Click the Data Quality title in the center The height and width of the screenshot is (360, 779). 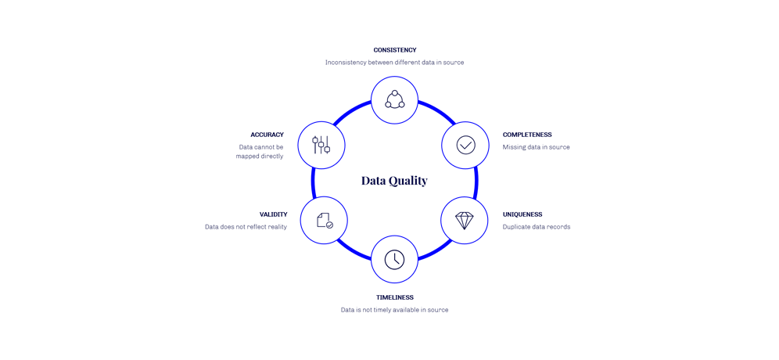394,181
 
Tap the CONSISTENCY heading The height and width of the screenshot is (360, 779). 394,50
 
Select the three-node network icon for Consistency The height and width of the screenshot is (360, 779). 394,99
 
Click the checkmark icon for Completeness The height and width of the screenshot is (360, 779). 465,145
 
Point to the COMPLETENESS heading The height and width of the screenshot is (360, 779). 527,135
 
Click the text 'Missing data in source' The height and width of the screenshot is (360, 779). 536,147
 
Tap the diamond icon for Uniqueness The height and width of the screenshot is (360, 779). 465,220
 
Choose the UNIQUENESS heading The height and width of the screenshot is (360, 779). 522,214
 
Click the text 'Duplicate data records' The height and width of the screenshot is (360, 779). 537,226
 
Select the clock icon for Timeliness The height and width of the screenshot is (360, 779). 394,259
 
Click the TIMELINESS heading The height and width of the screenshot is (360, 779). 394,297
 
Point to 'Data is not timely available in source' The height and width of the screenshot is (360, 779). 394,310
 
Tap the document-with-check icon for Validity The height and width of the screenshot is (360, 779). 324,220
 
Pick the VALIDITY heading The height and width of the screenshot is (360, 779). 274,214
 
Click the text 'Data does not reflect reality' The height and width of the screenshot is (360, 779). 246,226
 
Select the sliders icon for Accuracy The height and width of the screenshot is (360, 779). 321,145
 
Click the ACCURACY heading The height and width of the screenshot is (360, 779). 267,135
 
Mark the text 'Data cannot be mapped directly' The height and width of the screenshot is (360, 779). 260,151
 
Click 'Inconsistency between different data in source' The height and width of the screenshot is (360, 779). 394,62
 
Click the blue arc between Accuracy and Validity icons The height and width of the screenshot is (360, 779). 313,182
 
